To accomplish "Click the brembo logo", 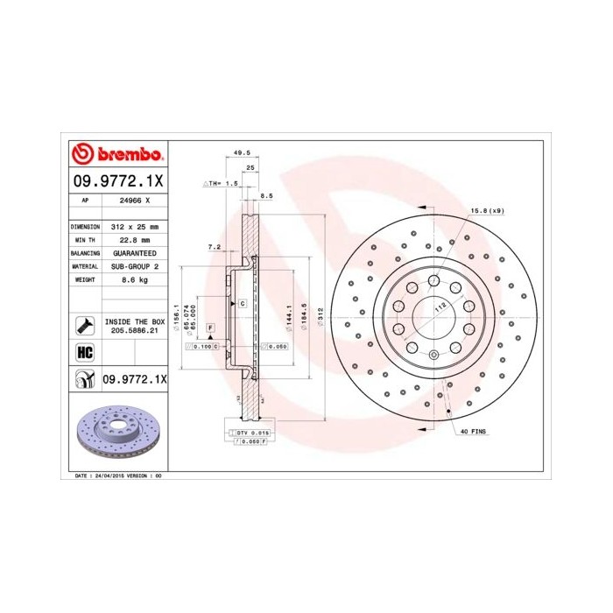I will click(x=117, y=155).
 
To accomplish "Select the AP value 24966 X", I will click(x=134, y=200).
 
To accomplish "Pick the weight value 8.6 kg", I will click(x=134, y=278).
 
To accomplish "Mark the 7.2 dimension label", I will click(x=214, y=248).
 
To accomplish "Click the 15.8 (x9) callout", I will click(x=488, y=211).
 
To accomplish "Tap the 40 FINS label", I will click(x=472, y=433).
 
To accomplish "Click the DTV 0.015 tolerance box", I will click(x=252, y=433).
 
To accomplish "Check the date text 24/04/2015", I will click(x=109, y=475).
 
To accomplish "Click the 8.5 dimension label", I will click(x=267, y=197).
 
